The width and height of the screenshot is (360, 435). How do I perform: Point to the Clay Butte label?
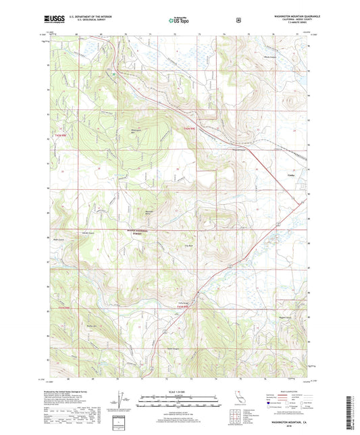(190, 245)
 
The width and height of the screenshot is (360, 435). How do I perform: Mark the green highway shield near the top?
(114, 73)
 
